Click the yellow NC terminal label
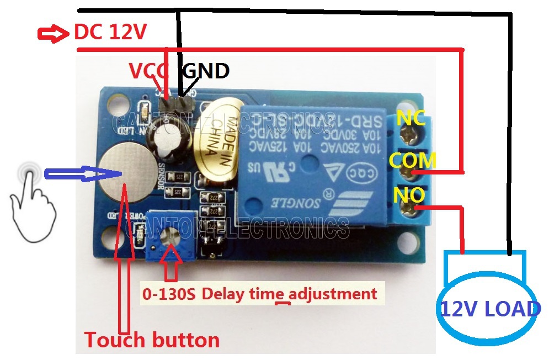411,118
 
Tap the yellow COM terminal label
413,161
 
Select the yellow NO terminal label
409,194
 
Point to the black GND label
205,71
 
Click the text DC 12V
110,33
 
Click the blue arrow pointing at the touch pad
83,174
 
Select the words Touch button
152,340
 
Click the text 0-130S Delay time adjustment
259,294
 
